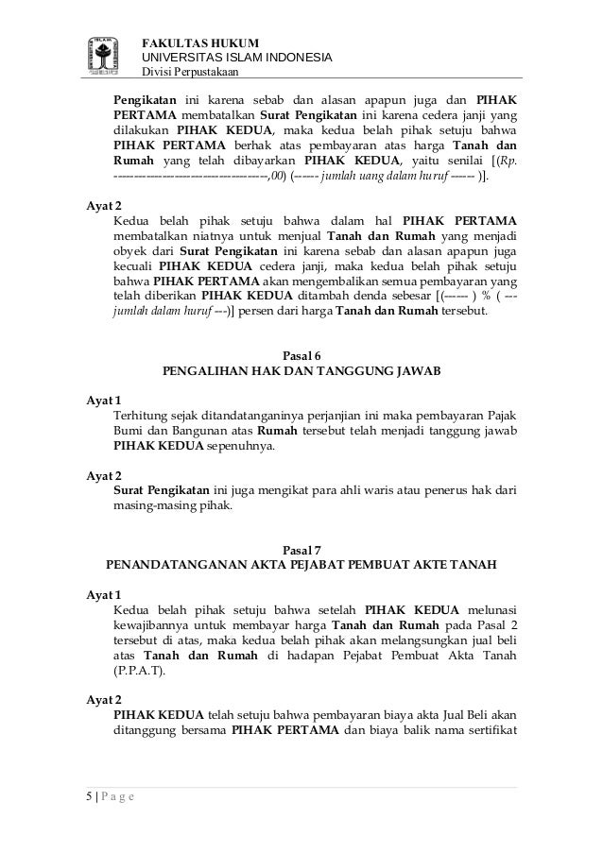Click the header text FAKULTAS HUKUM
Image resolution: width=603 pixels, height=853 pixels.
pos(193,42)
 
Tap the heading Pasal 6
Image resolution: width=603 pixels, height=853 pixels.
pos(302,355)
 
